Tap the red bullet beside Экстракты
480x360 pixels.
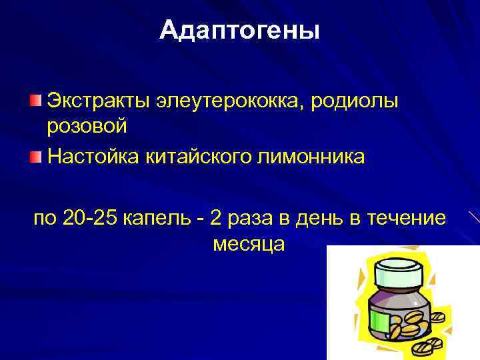point(35,100)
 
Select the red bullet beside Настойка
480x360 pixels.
point(35,157)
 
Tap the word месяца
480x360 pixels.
point(249,244)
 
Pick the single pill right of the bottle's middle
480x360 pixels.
point(439,317)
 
